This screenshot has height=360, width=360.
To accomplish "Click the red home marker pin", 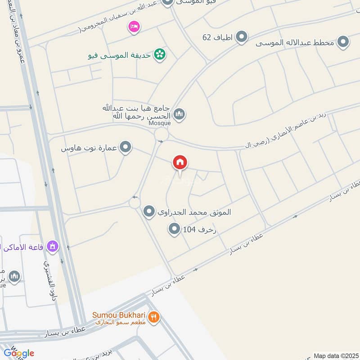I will coord(180,163).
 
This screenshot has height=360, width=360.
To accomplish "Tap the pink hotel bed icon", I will coord(134,27).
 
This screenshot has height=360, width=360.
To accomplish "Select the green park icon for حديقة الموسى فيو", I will coord(159,55).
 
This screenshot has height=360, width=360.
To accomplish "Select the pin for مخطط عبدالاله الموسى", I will coord(344,42).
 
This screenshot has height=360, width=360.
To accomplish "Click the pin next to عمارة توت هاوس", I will coord(126,147).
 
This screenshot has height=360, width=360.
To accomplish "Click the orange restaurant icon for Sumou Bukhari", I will coord(154,316).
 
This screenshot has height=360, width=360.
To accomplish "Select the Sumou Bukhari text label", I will coord(118,315).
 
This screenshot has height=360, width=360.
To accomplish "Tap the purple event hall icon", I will coord(53,246).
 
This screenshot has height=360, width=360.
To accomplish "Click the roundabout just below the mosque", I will coord(161,134).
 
